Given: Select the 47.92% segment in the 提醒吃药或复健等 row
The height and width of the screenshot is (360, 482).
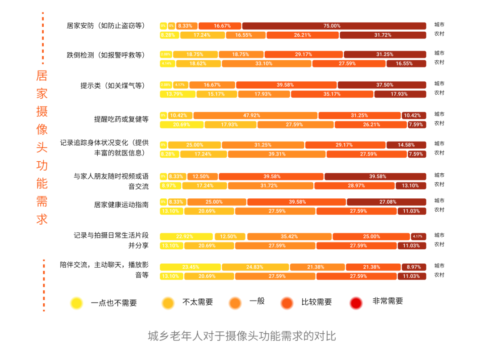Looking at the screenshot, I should [x=255, y=115].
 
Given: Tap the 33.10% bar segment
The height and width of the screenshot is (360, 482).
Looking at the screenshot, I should [x=266, y=63].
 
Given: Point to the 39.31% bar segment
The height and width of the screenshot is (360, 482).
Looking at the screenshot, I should [x=277, y=154].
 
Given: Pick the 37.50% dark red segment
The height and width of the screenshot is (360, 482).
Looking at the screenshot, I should [x=382, y=85].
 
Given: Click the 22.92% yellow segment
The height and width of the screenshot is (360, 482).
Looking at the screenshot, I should [x=187, y=236].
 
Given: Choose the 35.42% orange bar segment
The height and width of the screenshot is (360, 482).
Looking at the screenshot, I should [x=289, y=236].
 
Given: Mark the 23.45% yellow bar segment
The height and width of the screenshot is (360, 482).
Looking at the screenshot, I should [x=191, y=267].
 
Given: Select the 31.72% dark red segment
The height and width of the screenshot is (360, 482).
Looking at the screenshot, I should [x=382, y=35].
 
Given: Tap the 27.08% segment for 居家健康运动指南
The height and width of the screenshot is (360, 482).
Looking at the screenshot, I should [x=386, y=202].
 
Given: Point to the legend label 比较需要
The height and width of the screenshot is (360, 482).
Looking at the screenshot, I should [x=316, y=302].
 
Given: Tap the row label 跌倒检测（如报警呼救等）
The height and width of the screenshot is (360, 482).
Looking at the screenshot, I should [x=106, y=55].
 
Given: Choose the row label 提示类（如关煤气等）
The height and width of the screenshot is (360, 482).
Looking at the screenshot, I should [x=112, y=85].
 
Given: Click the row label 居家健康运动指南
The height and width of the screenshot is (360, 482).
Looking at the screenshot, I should [x=121, y=205].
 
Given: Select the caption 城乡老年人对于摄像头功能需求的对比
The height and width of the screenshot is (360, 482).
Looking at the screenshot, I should [x=241, y=336].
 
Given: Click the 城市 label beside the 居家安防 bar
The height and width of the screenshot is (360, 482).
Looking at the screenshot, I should [x=439, y=25].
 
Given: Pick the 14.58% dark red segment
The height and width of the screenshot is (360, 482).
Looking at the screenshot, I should [x=406, y=145].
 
